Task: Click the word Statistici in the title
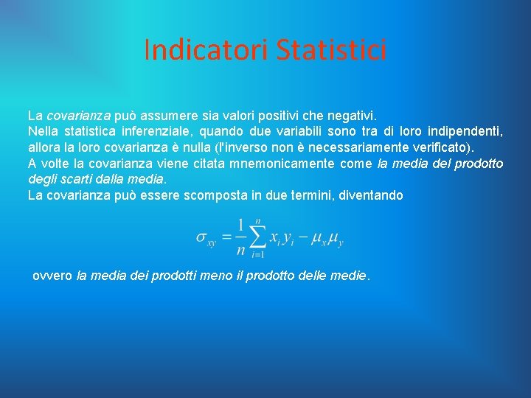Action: coord(331,50)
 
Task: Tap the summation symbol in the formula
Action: coord(257,237)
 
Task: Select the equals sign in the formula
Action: coord(226,237)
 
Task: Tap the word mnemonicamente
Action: coord(276,164)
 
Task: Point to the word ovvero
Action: coord(52,276)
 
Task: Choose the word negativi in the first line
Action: coord(351,116)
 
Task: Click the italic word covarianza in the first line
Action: coord(79,116)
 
